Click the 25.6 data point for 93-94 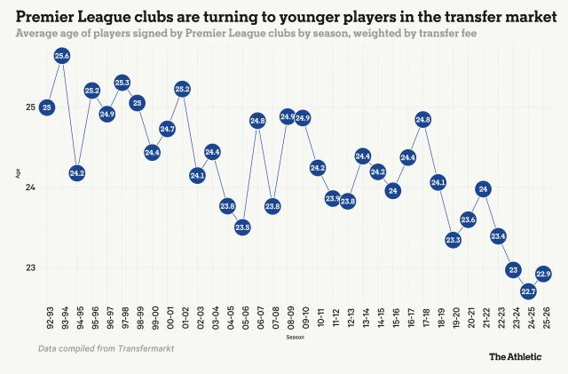[x=62, y=56]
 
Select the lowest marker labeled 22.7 [x=528, y=290]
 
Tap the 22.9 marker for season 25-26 [x=543, y=274]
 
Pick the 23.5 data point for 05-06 [x=242, y=227]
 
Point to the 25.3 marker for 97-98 [x=122, y=83]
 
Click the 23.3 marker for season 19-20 [x=453, y=239]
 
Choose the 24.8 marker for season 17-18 [x=422, y=119]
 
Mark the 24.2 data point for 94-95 [x=77, y=173]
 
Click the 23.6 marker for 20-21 [x=468, y=219]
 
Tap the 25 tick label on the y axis [x=31, y=107]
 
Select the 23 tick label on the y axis [x=31, y=267]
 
